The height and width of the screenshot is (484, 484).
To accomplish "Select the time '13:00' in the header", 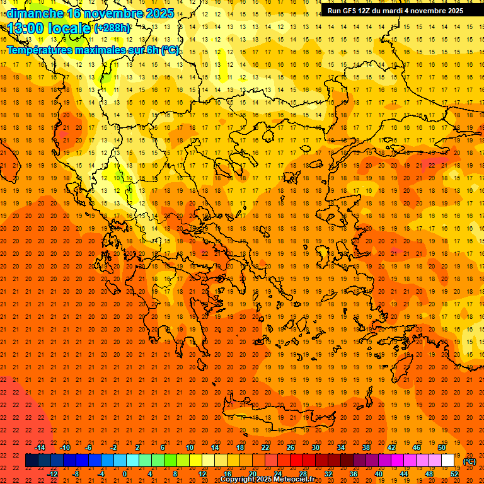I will [26, 28].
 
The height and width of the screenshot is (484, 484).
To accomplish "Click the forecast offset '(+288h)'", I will [113, 28].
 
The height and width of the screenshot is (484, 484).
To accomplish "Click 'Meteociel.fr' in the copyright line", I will [294, 480].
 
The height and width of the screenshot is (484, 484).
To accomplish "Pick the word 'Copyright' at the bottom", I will [238, 480].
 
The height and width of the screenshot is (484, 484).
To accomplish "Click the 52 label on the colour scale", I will [454, 474].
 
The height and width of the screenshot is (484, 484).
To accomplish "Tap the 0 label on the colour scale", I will [125, 474].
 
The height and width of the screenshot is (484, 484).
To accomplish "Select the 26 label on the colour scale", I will [291, 447].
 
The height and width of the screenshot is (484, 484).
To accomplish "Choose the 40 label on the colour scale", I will [379, 474].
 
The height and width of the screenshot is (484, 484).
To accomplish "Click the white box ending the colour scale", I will [448, 461].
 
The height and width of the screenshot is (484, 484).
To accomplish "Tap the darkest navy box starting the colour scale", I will [32, 461].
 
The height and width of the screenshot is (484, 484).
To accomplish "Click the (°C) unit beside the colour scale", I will [470, 461].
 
